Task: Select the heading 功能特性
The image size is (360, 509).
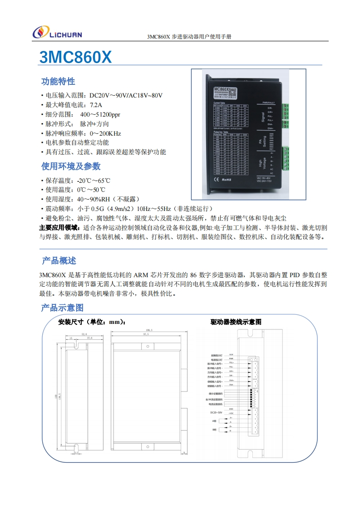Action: [x=58, y=82]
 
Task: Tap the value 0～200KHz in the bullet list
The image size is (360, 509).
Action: [x=105, y=133]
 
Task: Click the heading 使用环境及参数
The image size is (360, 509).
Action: [x=71, y=166]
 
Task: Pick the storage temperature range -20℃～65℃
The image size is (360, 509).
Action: [x=94, y=181]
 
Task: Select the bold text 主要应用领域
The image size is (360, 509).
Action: [x=59, y=228]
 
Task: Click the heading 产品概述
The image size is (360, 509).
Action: [x=59, y=261]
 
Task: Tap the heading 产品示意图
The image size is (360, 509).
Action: [x=62, y=308]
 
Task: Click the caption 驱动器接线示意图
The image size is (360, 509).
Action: [x=236, y=322]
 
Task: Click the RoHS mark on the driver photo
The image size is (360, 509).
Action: [x=226, y=180]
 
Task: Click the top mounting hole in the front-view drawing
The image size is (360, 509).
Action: [x=148, y=346]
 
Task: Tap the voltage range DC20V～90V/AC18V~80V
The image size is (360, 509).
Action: [x=126, y=96]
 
